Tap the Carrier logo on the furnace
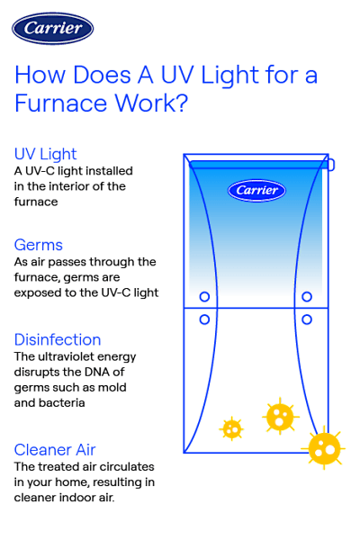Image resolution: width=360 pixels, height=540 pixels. pyautogui.click(x=256, y=190)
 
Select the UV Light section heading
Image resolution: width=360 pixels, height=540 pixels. pyautogui.click(x=46, y=154)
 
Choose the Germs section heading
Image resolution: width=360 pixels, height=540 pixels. pyautogui.click(x=39, y=245)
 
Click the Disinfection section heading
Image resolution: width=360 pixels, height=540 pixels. pyautogui.click(x=58, y=339)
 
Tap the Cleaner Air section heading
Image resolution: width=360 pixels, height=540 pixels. pyautogui.click(x=56, y=448)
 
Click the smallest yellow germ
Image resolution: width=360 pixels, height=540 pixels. pyautogui.click(x=232, y=428)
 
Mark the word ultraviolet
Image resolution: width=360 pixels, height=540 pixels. pyautogui.click(x=78, y=355)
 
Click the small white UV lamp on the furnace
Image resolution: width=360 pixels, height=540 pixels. pyautogui.click(x=330, y=166)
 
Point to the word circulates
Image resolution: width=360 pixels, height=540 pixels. pyautogui.click(x=127, y=466)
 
